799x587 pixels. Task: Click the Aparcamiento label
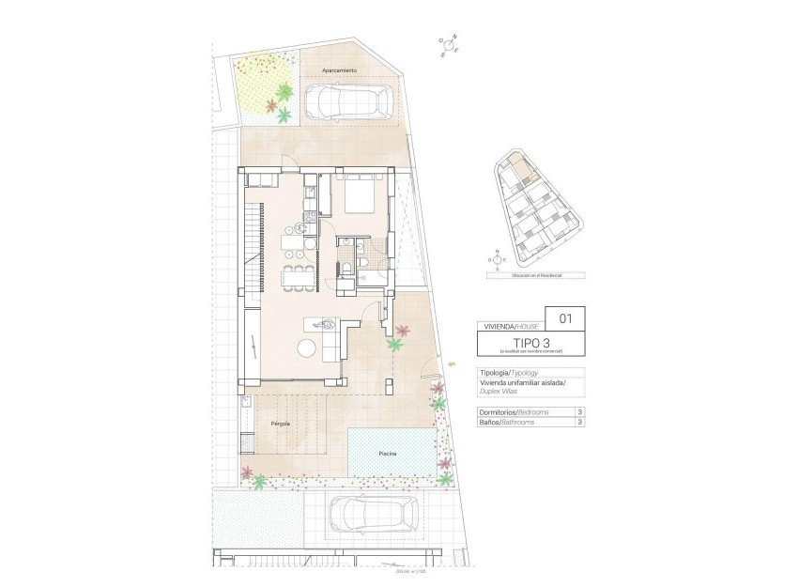click(x=338, y=70)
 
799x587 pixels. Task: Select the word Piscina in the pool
click(x=387, y=454)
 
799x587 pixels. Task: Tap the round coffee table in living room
click(x=307, y=348)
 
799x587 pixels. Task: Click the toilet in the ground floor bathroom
click(x=348, y=270)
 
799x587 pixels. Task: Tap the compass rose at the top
click(x=449, y=45)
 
